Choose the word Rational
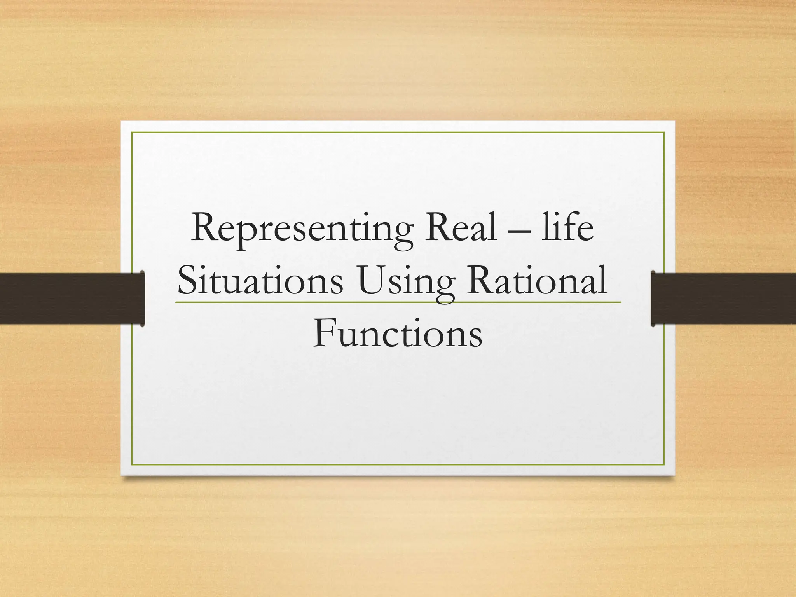click(x=537, y=281)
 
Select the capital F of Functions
click(x=324, y=333)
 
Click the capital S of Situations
click(x=188, y=281)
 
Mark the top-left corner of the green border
click(x=132, y=133)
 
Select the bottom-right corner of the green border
click(x=664, y=464)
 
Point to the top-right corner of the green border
click(x=664, y=133)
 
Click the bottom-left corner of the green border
click(x=132, y=464)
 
